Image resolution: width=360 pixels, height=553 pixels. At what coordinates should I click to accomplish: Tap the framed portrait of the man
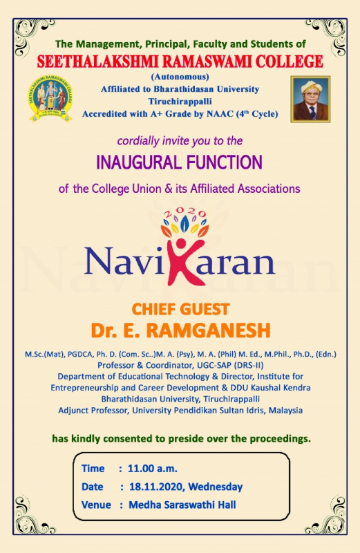tap(310, 99)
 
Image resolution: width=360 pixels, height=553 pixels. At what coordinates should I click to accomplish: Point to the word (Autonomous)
tap(180, 77)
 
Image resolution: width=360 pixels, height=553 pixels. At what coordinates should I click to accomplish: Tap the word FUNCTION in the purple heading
tap(225, 162)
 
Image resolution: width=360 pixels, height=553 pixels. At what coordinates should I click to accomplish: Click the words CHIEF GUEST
tap(180, 309)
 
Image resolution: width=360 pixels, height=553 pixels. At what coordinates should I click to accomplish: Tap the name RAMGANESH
tap(208, 331)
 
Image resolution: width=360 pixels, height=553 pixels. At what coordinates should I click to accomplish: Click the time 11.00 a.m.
tap(152, 469)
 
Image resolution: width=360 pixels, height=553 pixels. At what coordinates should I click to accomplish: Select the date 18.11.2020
tap(156, 487)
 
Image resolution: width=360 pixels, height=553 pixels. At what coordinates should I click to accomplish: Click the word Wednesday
tap(216, 487)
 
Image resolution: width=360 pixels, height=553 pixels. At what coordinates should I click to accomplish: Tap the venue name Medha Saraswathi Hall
tap(182, 505)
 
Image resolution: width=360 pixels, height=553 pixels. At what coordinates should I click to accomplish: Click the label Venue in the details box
tap(96, 505)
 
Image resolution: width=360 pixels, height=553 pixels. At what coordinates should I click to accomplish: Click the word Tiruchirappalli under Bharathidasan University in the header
tap(180, 102)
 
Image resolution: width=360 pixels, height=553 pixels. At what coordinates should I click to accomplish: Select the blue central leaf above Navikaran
tap(184, 223)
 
